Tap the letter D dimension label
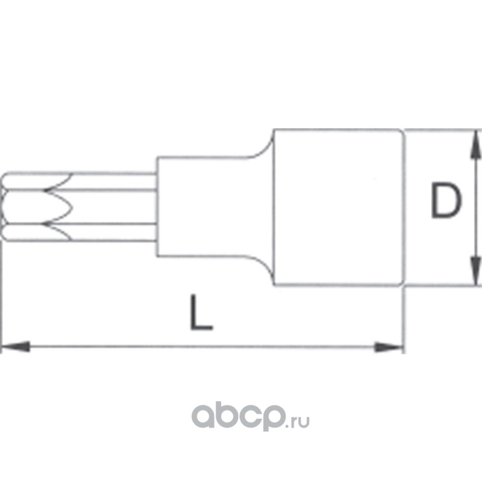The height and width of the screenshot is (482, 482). [446, 201]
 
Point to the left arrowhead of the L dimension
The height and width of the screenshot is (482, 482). [16, 346]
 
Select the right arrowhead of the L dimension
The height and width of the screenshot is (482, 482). [388, 346]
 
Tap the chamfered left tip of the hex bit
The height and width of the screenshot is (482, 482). [6, 208]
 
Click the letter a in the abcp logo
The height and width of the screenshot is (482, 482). [203, 415]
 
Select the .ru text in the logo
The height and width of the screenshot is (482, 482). [299, 416]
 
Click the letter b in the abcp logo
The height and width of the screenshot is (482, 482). [226, 413]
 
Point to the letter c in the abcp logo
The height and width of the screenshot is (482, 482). [249, 415]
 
